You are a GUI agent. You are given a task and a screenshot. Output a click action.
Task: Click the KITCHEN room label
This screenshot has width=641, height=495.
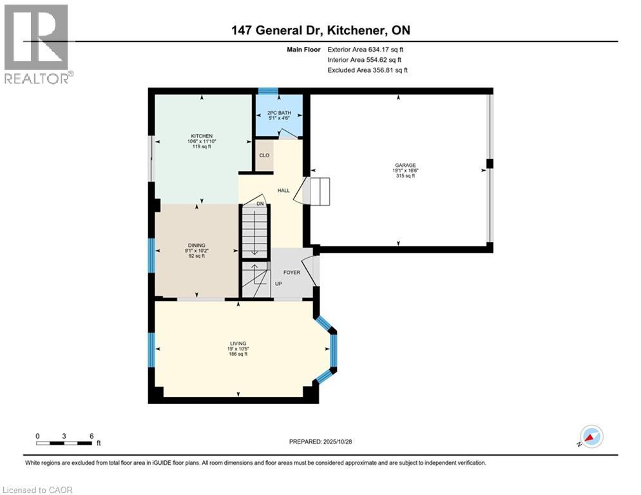click(x=200, y=136)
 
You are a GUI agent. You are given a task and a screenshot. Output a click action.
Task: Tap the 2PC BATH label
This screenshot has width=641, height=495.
click(x=279, y=112)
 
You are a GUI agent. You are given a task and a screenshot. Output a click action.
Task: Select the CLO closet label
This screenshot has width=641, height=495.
click(x=264, y=155)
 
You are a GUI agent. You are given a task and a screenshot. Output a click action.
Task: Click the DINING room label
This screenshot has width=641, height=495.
click(x=196, y=245)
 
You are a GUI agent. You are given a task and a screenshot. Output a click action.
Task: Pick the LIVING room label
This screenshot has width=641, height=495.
click(x=238, y=344)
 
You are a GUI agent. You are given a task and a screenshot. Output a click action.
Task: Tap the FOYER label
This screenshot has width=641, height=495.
click(x=292, y=272)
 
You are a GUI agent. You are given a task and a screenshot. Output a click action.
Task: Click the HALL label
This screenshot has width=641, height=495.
click(x=283, y=191)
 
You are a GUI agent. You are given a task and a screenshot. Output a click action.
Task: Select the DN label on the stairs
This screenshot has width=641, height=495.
click(x=260, y=204)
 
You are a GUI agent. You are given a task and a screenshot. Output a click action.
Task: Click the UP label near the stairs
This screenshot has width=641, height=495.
click(x=278, y=284)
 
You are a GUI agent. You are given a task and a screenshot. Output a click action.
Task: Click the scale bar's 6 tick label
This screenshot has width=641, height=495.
click(x=91, y=436)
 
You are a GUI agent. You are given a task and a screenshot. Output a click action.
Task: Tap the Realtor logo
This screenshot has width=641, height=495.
click(x=37, y=44)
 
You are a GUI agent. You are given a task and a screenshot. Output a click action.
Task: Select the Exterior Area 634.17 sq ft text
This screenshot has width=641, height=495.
click(x=365, y=49)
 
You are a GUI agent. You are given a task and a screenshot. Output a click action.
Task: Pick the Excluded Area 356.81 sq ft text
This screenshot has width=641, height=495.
click(x=367, y=70)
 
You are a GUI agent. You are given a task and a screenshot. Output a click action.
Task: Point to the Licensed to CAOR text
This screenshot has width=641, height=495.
click(x=39, y=490)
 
